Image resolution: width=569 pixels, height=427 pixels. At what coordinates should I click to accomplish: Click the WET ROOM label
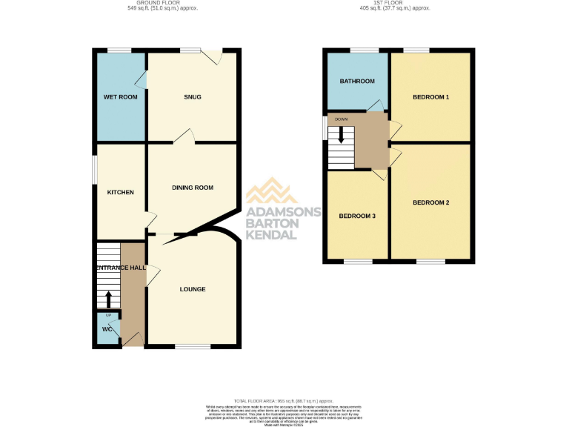(120, 97)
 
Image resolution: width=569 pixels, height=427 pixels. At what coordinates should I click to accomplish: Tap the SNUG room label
(193, 97)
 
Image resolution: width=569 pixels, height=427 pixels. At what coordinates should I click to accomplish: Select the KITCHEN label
(120, 193)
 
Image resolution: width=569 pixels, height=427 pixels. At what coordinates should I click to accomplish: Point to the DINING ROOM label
(193, 188)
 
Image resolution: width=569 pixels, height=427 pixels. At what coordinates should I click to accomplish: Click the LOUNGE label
(193, 289)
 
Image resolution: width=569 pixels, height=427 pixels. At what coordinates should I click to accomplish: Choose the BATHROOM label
(357, 82)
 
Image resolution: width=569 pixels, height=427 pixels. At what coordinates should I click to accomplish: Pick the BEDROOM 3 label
(357, 216)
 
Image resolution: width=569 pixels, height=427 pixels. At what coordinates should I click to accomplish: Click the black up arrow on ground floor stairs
(108, 299)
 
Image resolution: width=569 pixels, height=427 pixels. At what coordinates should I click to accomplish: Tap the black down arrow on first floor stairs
(341, 134)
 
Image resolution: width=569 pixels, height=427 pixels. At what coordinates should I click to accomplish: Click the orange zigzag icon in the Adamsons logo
(272, 192)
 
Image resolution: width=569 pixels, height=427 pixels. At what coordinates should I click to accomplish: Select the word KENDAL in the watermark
(272, 235)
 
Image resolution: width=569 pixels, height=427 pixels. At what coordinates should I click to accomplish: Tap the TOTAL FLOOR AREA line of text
(284, 400)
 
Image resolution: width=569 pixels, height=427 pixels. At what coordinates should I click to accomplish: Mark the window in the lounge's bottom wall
(193, 346)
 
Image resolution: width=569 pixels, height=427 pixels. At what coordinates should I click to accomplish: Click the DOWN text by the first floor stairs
(341, 119)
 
